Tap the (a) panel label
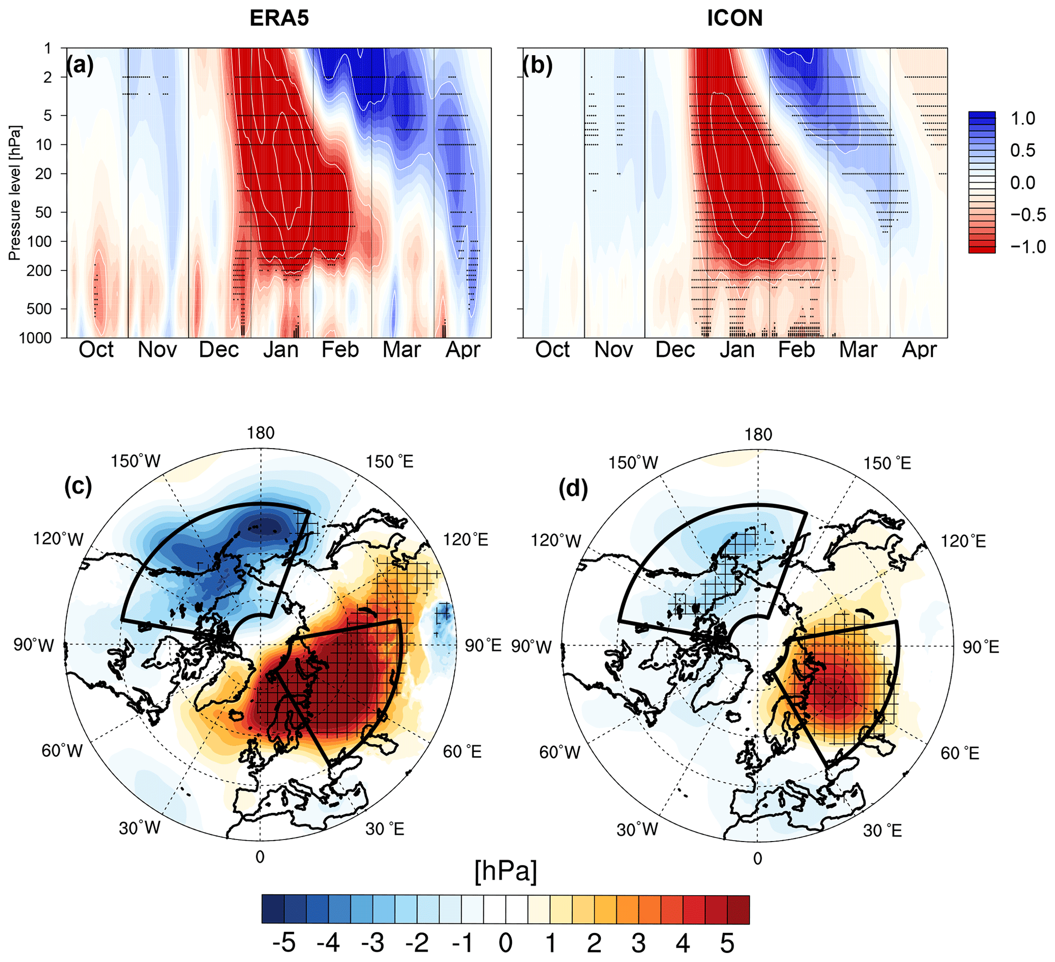pyautogui.click(x=80, y=66)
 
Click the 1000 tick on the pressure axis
pyautogui.click(x=36, y=338)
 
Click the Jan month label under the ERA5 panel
pyautogui.click(x=281, y=350)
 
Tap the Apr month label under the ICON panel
pyautogui.click(x=919, y=350)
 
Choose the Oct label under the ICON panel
pyautogui.click(x=552, y=350)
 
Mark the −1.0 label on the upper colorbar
pyautogui.click(x=1028, y=246)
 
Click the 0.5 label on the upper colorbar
pyautogui.click(x=1022, y=150)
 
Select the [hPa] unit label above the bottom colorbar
pyautogui.click(x=505, y=872)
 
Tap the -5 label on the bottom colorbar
pyautogui.click(x=284, y=943)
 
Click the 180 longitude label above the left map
pyautogui.click(x=261, y=433)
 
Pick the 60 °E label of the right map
pyautogui.click(x=960, y=753)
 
